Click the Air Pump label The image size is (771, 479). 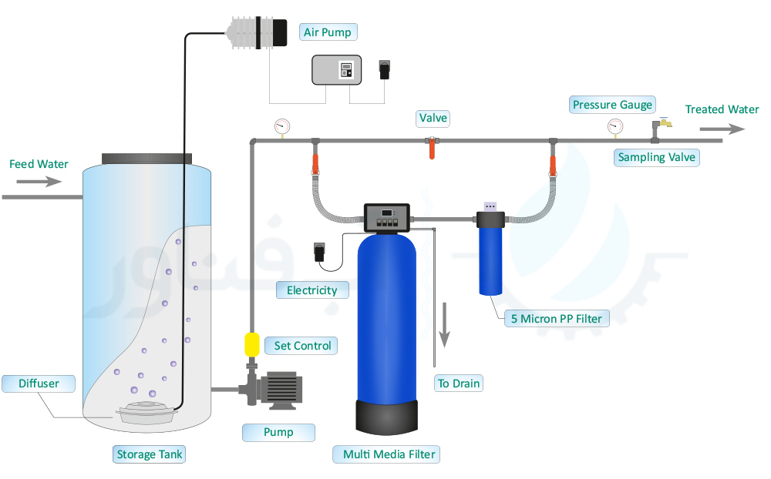(x=328, y=32)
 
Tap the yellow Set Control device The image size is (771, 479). (x=251, y=344)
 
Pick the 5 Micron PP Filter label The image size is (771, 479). (x=557, y=318)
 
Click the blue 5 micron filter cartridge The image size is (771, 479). (x=490, y=258)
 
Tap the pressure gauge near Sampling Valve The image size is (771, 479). (x=614, y=126)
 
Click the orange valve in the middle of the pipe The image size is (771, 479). (x=432, y=147)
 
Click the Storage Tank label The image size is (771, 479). (x=150, y=454)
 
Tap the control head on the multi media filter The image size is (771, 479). (x=388, y=218)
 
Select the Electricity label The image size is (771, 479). (x=312, y=290)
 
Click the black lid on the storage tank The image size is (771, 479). (x=146, y=158)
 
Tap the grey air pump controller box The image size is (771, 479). (x=336, y=71)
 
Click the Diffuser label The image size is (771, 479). (x=39, y=384)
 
